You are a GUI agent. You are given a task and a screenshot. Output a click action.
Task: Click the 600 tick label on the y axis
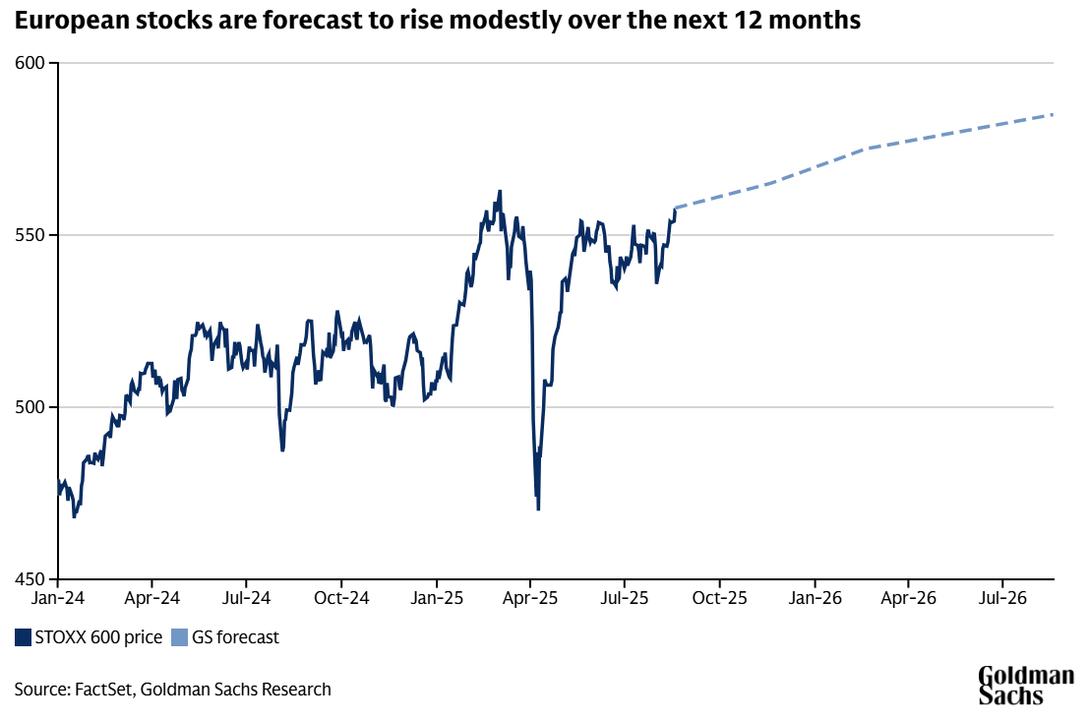pyautogui.click(x=30, y=63)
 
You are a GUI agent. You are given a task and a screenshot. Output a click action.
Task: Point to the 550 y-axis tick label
pyautogui.click(x=30, y=235)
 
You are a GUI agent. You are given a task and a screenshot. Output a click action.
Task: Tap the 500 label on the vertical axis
pyautogui.click(x=30, y=407)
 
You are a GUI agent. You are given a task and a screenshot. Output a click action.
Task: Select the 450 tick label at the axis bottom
pyautogui.click(x=30, y=579)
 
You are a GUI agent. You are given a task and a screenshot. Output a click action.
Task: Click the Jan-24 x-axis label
pyautogui.click(x=58, y=598)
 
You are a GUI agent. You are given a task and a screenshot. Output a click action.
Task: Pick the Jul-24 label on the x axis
pyautogui.click(x=247, y=598)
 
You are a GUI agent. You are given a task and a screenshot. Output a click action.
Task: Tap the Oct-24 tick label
pyautogui.click(x=341, y=598)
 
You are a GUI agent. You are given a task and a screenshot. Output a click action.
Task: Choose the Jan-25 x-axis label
pyautogui.click(x=437, y=598)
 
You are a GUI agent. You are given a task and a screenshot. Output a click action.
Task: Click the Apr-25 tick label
pyautogui.click(x=530, y=598)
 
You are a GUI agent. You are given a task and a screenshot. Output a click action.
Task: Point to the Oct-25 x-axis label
pyautogui.click(x=719, y=598)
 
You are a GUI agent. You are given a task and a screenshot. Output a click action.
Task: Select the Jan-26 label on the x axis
pyautogui.click(x=815, y=598)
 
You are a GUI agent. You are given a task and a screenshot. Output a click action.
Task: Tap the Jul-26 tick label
pyautogui.click(x=1002, y=598)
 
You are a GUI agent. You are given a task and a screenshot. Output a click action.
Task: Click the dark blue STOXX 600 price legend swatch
pyautogui.click(x=23, y=637)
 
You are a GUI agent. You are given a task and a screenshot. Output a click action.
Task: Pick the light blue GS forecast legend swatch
pyautogui.click(x=180, y=637)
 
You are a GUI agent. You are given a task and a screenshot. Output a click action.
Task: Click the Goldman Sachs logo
pyautogui.click(x=1026, y=686)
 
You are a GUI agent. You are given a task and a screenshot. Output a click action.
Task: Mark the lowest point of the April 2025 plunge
pyautogui.click(x=539, y=510)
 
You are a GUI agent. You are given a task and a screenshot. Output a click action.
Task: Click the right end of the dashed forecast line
pyautogui.click(x=1053, y=115)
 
